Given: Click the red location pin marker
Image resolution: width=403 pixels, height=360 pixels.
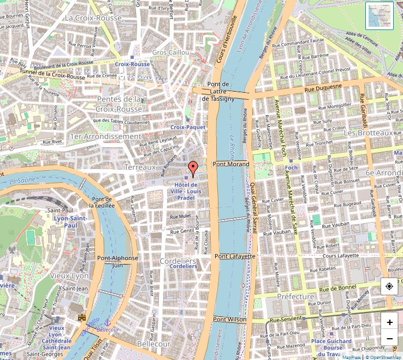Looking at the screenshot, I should coord(192,168).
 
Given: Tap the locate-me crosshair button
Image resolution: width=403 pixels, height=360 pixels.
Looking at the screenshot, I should coord(389,286).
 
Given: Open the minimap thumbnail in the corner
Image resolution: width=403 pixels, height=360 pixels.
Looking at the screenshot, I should coord(380,15).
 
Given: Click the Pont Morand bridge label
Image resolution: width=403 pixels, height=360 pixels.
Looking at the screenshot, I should coord(231,164).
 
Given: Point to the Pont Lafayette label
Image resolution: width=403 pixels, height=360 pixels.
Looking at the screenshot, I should coord(235,256).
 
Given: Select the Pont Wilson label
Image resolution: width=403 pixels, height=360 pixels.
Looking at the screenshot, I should coord(230,319).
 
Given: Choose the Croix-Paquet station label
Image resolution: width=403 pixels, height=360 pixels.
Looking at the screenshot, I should coord(188,127).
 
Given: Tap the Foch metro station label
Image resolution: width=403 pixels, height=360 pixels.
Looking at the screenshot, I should coord(291,168).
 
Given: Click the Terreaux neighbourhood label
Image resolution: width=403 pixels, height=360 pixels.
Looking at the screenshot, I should coord(140,167).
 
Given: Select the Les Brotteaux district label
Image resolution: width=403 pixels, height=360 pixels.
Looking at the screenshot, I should coord(369,133).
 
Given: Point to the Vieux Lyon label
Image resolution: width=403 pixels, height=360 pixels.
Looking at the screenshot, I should coord(69,276).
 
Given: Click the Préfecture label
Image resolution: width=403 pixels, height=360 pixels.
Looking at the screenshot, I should coord(295,297).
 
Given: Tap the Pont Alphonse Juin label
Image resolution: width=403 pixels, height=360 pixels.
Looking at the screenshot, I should coord(117,261).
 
